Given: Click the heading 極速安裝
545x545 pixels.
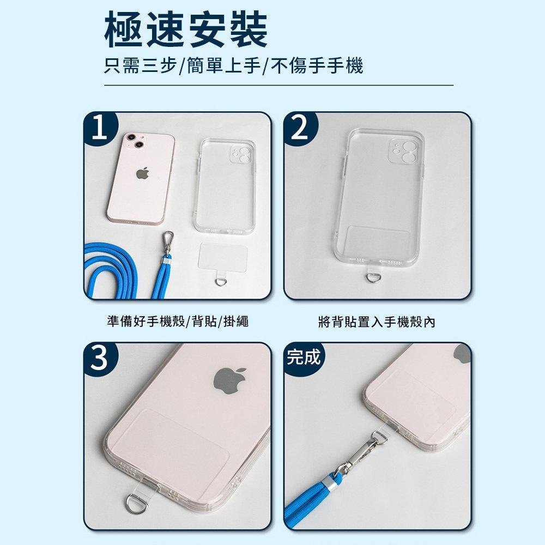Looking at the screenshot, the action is pyautogui.click(x=186, y=29).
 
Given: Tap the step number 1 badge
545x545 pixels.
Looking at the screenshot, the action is pyautogui.click(x=100, y=129).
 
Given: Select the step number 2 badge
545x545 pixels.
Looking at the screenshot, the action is pyautogui.click(x=300, y=129).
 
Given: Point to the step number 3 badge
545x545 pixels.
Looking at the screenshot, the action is pyautogui.click(x=100, y=359).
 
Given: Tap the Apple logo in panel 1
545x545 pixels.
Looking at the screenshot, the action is pyautogui.click(x=142, y=173).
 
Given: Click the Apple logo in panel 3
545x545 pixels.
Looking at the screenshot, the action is pyautogui.click(x=229, y=380).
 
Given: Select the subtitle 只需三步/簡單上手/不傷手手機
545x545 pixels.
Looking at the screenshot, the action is pyautogui.click(x=234, y=65).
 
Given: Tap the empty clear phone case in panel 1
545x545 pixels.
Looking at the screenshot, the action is pyautogui.click(x=225, y=186).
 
